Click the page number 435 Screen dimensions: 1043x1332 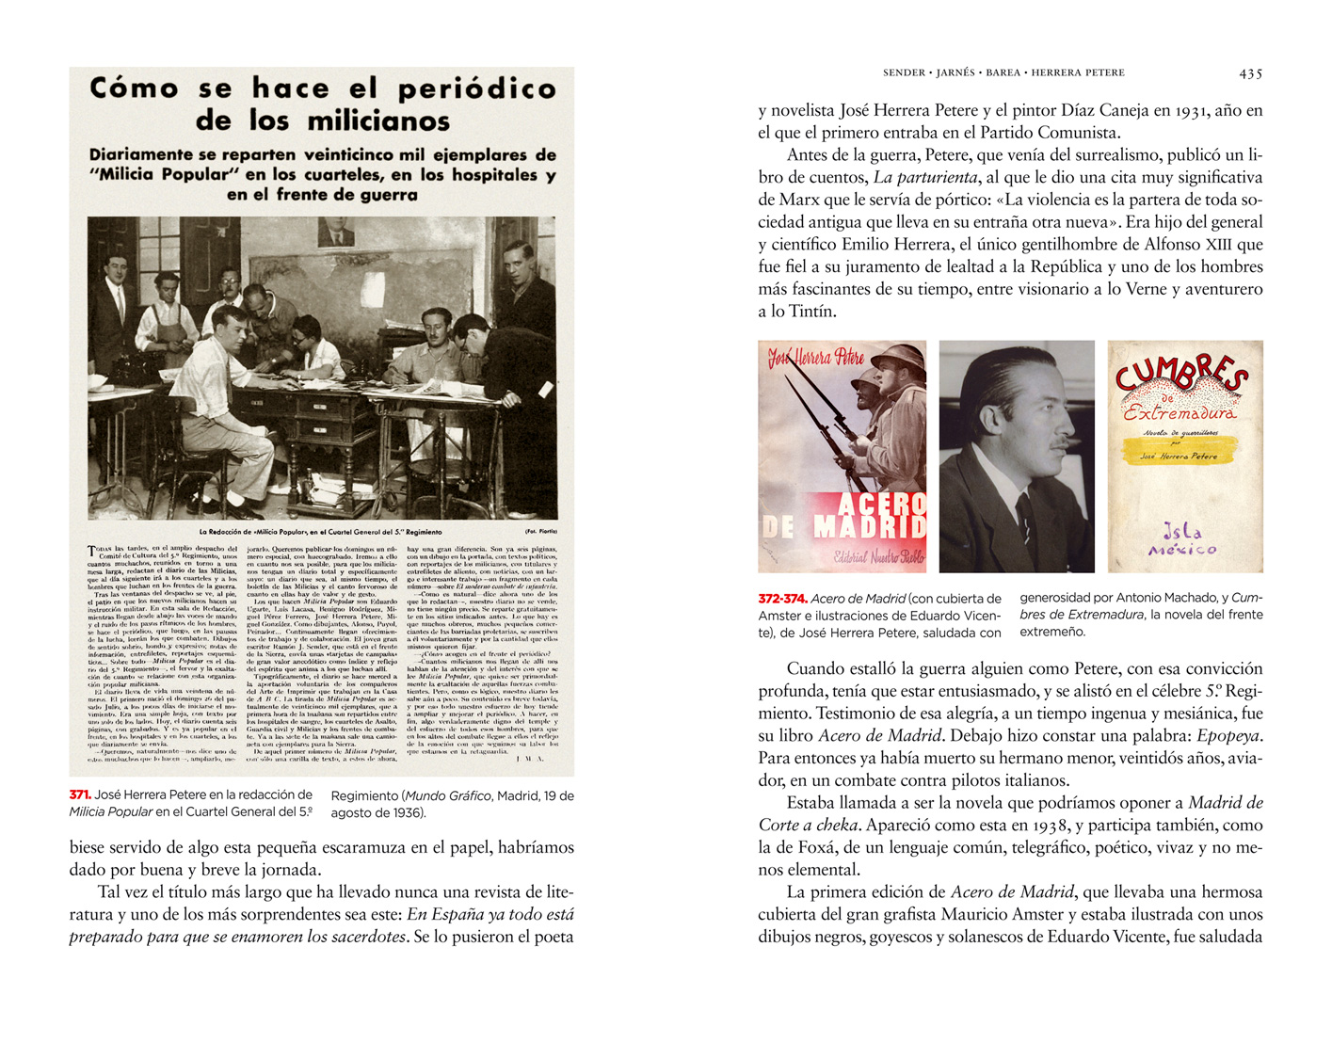tap(1250, 72)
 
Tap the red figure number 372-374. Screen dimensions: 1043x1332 tap(782, 599)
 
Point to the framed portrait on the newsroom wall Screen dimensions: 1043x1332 tap(335, 235)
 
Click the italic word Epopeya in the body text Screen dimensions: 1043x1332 tap(1228, 736)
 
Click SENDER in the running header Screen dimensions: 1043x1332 tap(904, 72)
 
